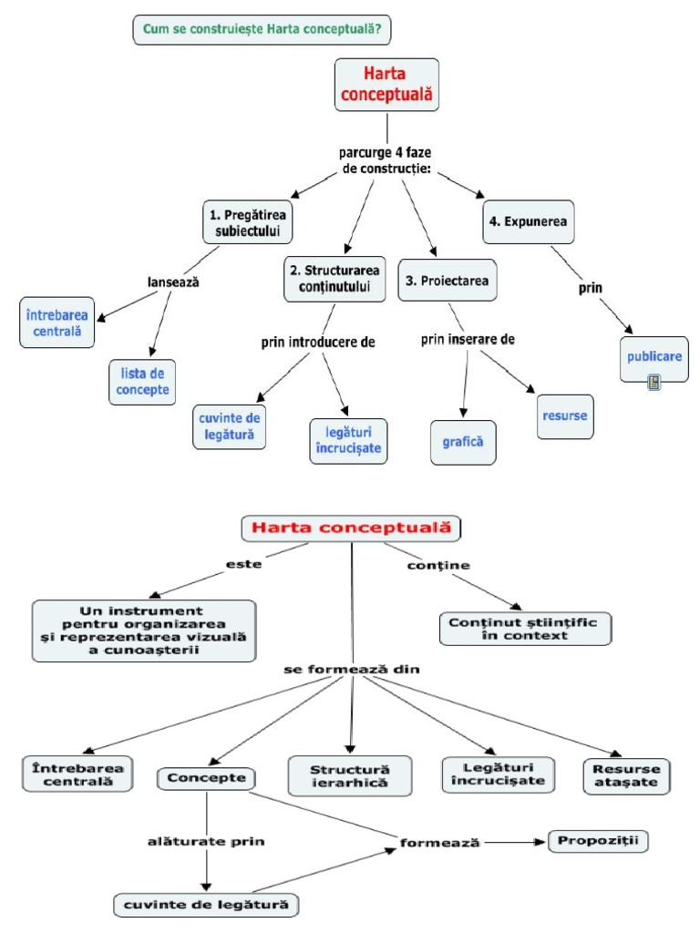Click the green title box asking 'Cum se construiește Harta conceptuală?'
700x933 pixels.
(262, 30)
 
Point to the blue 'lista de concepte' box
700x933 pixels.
(143, 380)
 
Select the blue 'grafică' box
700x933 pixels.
(463, 442)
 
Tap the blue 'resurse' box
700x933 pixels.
(565, 415)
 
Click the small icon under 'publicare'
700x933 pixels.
(654, 383)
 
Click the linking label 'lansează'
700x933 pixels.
(173, 282)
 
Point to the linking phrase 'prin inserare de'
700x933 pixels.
(468, 339)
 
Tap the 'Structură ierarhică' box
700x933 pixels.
(350, 774)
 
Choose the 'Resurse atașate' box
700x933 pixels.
(625, 775)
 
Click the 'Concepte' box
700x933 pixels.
(206, 778)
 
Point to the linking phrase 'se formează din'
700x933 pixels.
(350, 670)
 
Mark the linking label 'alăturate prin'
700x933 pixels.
(206, 841)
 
